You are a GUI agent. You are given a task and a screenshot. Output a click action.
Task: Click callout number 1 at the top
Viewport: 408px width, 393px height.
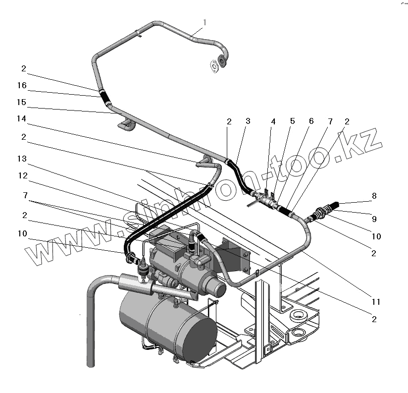coord(204,22)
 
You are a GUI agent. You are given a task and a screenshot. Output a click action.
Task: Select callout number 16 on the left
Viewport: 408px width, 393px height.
coord(22,86)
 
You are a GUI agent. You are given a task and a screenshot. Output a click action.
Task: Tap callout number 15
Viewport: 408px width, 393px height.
coord(22,103)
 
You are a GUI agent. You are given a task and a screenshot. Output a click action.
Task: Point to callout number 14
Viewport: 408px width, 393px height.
coord(22,119)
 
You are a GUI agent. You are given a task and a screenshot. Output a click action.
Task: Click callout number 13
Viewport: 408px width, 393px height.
coord(22,159)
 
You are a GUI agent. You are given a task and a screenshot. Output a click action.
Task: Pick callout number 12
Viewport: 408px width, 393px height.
coord(22,175)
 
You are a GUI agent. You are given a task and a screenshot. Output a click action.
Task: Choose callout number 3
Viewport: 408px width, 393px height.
coord(248,121)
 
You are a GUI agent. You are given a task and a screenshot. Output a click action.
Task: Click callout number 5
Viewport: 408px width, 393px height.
coord(292,121)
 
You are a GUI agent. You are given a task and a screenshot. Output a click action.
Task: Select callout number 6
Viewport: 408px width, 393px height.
coord(310,121)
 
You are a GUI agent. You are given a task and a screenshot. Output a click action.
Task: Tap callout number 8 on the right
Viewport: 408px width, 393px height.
coord(374,196)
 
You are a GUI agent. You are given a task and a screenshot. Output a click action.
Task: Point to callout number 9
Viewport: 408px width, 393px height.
coord(374,219)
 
